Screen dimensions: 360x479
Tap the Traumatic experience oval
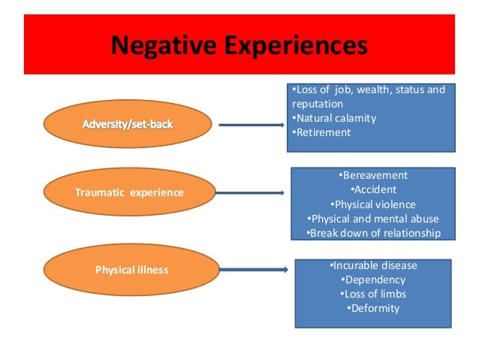coord(129,192)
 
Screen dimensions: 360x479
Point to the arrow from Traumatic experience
coord(249,193)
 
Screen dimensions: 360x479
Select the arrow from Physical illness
coord(252,269)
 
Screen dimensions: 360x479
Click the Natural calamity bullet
coord(333,118)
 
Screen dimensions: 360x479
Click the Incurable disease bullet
coord(373,265)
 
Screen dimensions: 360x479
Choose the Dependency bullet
coord(373,280)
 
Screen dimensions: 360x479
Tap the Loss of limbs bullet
coord(373,294)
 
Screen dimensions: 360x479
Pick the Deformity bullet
coord(373,308)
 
